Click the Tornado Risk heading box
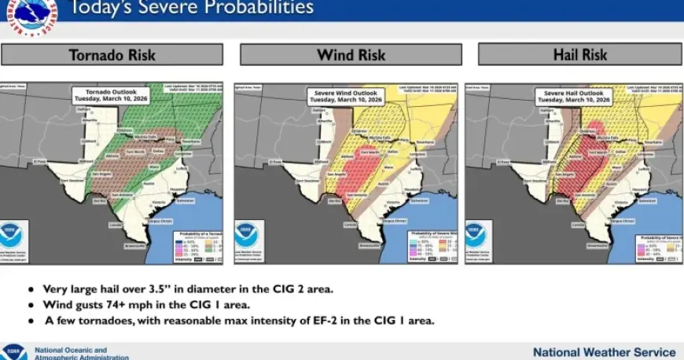pos(112,55)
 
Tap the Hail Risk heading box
pos(579,55)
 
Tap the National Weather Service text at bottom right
pos(604,352)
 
